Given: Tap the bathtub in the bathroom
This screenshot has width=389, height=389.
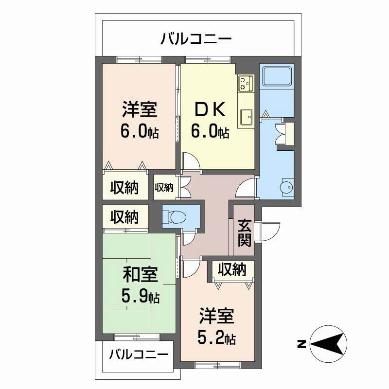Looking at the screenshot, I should (277, 76).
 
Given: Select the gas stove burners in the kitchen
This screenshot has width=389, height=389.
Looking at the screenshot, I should (245, 84).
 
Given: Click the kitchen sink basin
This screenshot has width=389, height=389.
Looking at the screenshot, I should (246, 116).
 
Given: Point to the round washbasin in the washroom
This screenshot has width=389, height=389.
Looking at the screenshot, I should (286, 186).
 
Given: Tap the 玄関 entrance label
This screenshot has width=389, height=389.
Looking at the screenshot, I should (244, 232).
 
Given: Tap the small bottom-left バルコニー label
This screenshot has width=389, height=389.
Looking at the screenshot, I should (139, 354).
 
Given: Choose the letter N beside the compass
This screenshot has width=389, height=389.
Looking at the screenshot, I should (301, 344).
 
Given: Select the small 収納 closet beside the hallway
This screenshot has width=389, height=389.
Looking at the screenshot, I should (164, 187).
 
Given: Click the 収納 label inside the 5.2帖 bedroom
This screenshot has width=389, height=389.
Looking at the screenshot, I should (232, 269).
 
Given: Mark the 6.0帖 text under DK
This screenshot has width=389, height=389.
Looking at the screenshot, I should (210, 132).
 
